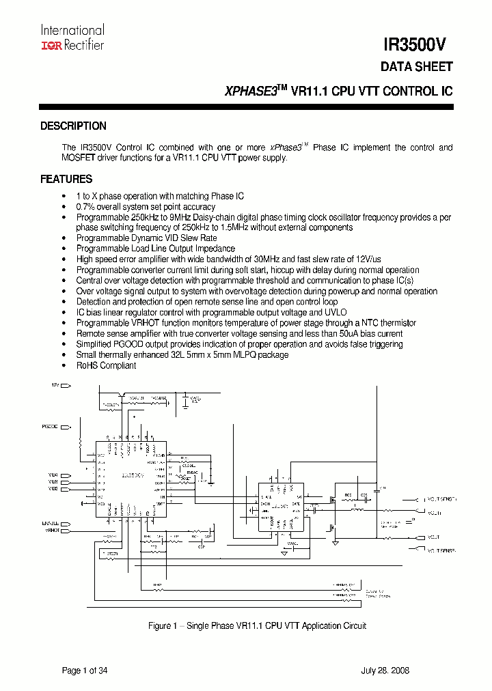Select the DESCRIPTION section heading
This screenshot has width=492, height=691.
73,126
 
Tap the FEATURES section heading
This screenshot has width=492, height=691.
66,180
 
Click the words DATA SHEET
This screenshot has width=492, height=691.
416,67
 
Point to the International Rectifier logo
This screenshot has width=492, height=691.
72,38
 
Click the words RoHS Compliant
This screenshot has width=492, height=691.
106,365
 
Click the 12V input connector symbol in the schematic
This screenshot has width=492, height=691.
67,386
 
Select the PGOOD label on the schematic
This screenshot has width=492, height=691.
50,427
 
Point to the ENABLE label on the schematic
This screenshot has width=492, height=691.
51,523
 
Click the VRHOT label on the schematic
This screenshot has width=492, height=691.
53,530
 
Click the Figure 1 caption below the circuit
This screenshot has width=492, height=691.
258,625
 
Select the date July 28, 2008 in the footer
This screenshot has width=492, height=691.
385,671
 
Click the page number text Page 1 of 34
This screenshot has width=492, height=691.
85,671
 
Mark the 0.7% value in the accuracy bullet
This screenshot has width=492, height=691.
85,207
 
